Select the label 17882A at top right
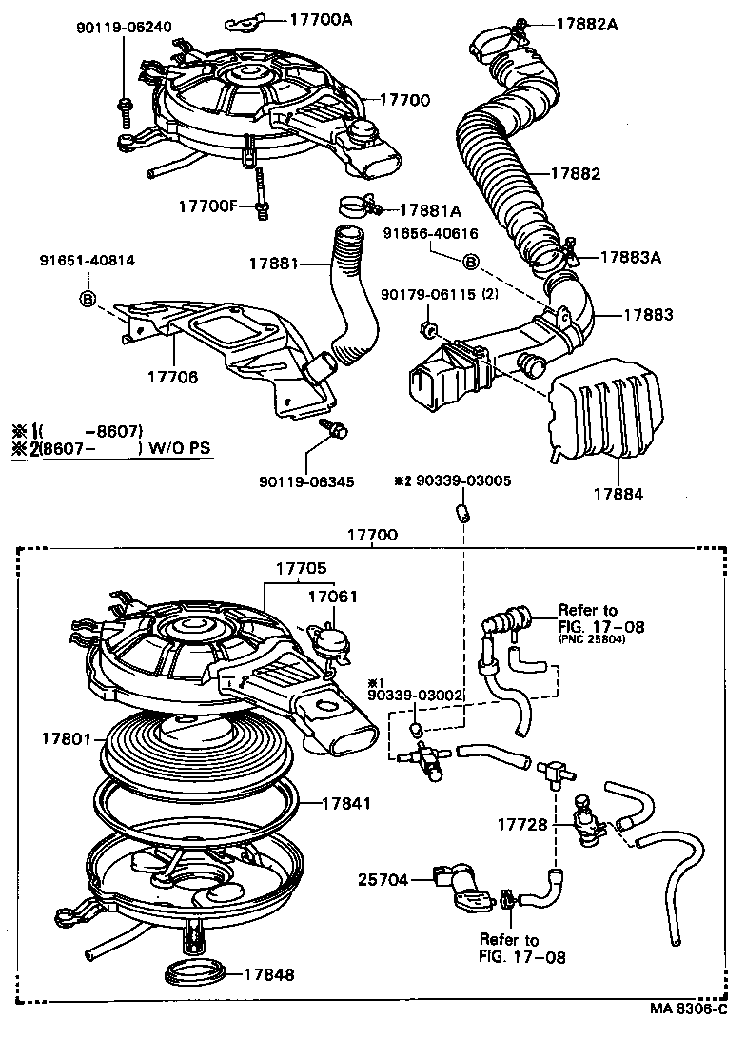tap(586, 24)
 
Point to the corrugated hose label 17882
tap(576, 174)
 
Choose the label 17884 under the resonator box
tap(618, 494)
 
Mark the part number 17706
tap(172, 377)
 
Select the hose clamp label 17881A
tap(430, 210)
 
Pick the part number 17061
tap(332, 597)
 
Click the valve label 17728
tap(522, 824)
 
